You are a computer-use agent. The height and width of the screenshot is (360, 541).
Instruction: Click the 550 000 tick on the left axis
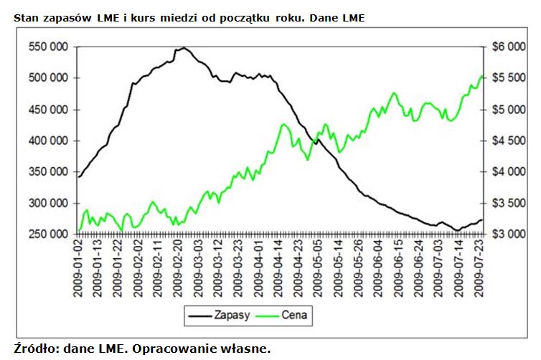[x=49, y=47]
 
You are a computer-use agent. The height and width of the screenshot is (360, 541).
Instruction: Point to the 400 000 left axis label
[x=49, y=141]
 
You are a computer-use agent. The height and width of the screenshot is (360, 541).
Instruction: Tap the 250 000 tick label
[x=49, y=235]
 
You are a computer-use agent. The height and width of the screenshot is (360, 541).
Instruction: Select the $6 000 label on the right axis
[x=511, y=47]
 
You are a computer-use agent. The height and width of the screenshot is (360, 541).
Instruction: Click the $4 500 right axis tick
[x=511, y=141]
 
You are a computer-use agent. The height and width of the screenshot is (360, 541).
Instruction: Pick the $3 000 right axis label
[x=511, y=235]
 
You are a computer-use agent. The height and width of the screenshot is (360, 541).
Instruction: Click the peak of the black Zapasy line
[x=184, y=48]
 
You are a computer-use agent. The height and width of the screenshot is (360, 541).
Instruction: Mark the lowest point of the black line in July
[x=457, y=230]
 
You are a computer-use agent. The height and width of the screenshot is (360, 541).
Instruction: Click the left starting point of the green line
[x=79, y=231]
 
